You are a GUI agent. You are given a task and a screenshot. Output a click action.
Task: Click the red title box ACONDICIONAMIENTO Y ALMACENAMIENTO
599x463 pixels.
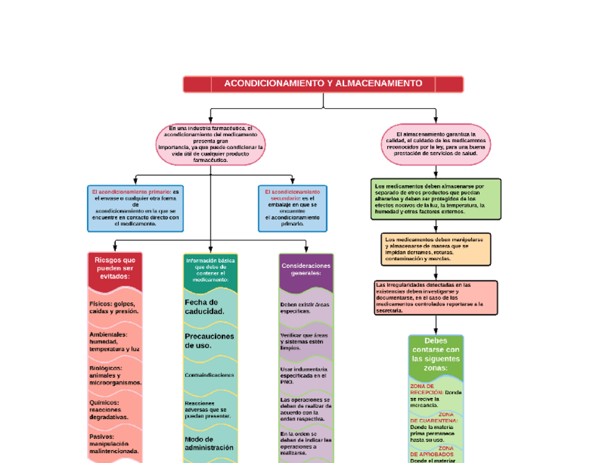[x=323, y=84]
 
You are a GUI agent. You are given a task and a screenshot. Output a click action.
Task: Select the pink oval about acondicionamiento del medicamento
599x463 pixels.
[x=210, y=143]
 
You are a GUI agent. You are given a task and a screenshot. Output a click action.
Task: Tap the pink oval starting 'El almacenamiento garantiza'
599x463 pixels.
[x=436, y=143]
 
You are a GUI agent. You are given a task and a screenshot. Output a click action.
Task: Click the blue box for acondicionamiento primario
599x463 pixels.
[x=135, y=208]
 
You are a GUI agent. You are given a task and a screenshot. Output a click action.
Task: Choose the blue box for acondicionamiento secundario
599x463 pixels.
[x=292, y=208]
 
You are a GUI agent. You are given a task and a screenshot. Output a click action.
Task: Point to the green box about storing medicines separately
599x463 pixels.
[x=436, y=199]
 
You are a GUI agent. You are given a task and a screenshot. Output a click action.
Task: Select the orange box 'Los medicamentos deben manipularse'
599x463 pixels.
[x=436, y=249]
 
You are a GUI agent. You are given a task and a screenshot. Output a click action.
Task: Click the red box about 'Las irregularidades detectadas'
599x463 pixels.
[x=436, y=297]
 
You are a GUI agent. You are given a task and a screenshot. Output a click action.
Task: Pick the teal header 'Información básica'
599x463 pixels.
[x=210, y=269]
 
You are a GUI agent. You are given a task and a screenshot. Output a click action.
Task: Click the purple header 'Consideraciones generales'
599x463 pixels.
[x=306, y=269]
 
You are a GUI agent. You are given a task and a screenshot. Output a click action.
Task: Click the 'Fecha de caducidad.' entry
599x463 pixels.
[x=205, y=307]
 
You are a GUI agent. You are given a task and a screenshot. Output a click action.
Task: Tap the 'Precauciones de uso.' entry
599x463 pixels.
[x=209, y=341]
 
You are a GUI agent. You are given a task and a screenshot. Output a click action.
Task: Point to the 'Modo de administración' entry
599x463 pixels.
[x=209, y=443]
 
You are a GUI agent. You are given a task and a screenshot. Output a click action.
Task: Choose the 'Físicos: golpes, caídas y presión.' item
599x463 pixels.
[x=114, y=307]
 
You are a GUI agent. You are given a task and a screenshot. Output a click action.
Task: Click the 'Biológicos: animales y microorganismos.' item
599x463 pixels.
[x=115, y=375]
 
